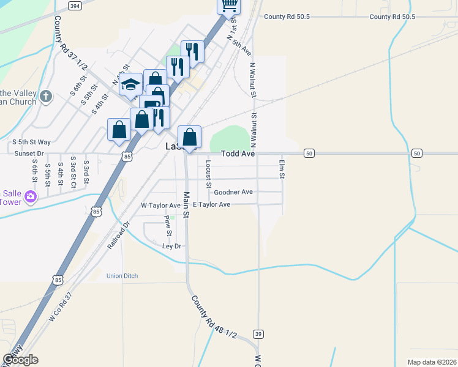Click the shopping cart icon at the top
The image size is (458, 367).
[229, 6]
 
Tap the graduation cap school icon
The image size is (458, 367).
[130, 85]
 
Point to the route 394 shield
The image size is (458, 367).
[74, 6]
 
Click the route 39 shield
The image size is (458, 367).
[259, 333]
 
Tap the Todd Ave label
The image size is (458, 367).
[238, 154]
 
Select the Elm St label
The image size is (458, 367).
[282, 169]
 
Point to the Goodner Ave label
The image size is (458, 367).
[233, 192]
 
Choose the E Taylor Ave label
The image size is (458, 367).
[211, 204]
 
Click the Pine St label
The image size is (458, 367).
[167, 226]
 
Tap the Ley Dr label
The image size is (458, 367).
[172, 246]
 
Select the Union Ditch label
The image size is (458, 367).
[122, 276]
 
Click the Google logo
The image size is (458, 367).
[20, 360]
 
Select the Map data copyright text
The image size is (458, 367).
[432, 362]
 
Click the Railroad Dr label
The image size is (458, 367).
[119, 234]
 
